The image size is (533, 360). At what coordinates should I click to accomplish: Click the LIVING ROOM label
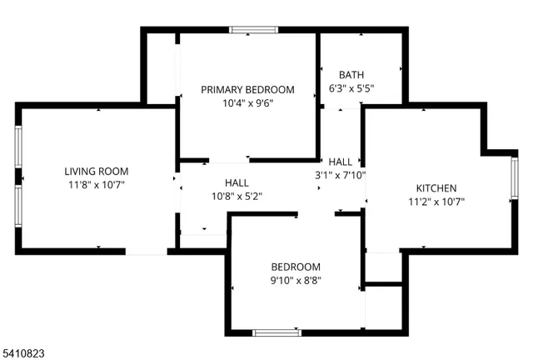[97, 171]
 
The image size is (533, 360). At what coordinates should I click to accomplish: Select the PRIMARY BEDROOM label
[248, 89]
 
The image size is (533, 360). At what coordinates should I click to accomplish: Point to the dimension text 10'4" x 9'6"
[248, 103]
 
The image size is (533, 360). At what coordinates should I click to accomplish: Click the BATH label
[351, 75]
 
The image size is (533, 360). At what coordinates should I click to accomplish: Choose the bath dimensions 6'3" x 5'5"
[351, 88]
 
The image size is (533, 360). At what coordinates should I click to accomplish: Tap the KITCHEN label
[436, 187]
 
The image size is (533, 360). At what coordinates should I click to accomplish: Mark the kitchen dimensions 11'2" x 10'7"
[436, 201]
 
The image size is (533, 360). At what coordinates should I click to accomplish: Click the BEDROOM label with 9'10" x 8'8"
[296, 267]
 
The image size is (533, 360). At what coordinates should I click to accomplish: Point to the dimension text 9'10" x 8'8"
[296, 281]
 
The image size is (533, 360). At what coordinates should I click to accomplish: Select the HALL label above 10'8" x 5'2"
[237, 182]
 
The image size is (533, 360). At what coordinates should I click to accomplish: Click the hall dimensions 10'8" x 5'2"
[237, 197]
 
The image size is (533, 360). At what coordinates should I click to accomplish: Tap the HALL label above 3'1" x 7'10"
[340, 162]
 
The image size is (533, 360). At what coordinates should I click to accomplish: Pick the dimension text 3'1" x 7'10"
[340, 175]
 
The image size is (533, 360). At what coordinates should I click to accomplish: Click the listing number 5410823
[23, 353]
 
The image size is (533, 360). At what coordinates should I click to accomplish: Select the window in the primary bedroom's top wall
[253, 31]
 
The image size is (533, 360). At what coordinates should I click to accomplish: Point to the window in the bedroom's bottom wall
[277, 332]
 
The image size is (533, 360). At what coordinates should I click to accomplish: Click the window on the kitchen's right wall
[514, 179]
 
